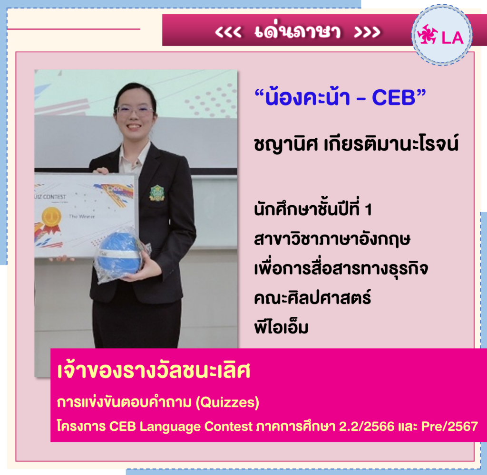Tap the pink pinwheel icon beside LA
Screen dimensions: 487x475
[x=428, y=34]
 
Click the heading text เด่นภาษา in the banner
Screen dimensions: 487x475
[x=298, y=31]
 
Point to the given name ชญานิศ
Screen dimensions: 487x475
[x=286, y=145]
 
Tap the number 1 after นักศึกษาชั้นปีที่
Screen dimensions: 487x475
[x=369, y=210]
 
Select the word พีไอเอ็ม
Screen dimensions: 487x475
[x=281, y=327]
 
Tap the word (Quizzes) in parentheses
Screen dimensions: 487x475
[x=227, y=402]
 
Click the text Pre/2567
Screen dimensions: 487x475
[x=449, y=426]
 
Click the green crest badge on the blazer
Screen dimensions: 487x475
[x=157, y=192]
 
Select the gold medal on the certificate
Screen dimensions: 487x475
[x=51, y=219]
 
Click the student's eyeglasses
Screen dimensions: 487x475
[x=135, y=111]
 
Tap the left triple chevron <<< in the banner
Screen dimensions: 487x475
[x=228, y=32]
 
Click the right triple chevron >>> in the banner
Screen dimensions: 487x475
[x=367, y=32]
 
